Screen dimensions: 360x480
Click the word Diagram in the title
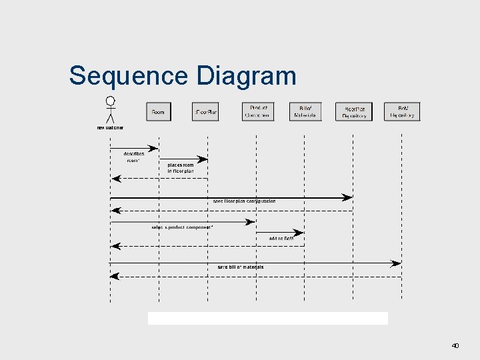pos(246,76)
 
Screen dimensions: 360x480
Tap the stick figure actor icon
pos(110,110)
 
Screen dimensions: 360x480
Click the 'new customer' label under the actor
pos(110,127)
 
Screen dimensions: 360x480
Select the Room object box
pos(158,111)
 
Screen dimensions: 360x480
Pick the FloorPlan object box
pos(206,111)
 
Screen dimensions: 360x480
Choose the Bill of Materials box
pos(305,111)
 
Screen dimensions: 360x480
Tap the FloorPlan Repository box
pos(354,111)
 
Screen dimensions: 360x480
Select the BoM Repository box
pos(403,111)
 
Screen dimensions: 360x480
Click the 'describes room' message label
pos(134,157)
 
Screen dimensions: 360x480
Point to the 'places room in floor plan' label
pos(181,167)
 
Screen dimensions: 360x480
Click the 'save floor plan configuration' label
pos(244,201)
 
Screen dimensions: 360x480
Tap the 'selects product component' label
pos(182,227)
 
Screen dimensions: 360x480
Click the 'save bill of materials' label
pos(241,267)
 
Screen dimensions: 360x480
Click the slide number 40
pos(455,345)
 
